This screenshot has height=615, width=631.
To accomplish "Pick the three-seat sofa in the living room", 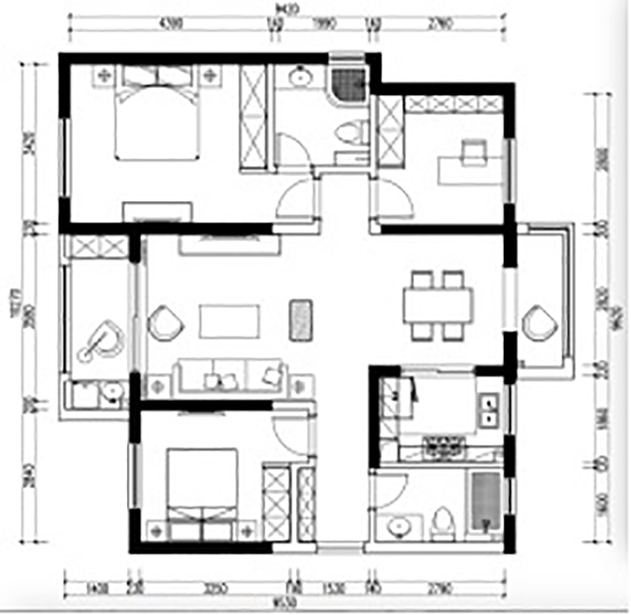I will (230, 377).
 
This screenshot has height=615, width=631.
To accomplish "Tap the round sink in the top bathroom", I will (298, 79).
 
